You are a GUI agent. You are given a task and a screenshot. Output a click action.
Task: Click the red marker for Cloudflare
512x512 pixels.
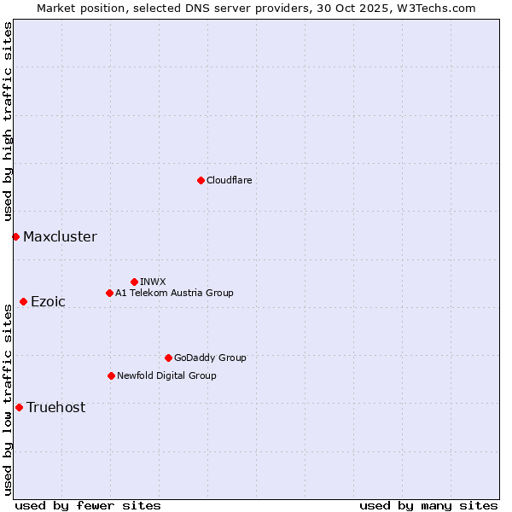[x=201, y=180]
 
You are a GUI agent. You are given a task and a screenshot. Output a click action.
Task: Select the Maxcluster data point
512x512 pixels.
[x=15, y=236]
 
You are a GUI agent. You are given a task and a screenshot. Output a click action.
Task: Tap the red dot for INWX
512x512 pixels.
[x=134, y=282]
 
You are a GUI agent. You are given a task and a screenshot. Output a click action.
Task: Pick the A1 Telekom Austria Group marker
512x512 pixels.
[x=109, y=293]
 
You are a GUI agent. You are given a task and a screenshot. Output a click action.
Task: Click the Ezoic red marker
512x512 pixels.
[x=23, y=301]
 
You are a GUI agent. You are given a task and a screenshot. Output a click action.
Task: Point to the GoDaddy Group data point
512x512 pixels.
[x=168, y=358]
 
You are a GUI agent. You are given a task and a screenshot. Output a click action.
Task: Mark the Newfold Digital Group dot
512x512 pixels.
[x=111, y=375]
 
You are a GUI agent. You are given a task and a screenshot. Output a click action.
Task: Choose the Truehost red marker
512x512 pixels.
[x=19, y=407]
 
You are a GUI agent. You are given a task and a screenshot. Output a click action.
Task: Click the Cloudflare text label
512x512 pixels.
[x=230, y=180]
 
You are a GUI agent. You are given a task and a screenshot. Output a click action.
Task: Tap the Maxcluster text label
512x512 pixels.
[x=60, y=237]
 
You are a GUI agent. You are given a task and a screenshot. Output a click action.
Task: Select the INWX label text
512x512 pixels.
[x=153, y=282]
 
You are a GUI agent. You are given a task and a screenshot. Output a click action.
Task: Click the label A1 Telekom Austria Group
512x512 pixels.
[x=174, y=293]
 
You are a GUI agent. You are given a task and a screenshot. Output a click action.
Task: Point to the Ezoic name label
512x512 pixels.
[x=48, y=302]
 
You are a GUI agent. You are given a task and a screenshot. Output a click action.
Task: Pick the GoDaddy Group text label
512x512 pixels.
[x=210, y=358]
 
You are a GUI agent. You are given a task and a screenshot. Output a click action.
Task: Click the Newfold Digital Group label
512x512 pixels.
[x=166, y=375]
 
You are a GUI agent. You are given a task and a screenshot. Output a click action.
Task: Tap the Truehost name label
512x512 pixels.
[x=55, y=408]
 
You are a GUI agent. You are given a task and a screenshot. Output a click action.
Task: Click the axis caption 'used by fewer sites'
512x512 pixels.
[x=88, y=505]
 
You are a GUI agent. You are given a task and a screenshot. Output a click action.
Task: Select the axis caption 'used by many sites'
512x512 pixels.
[x=428, y=505]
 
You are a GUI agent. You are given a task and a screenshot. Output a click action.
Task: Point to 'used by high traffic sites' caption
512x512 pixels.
[x=9, y=122]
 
